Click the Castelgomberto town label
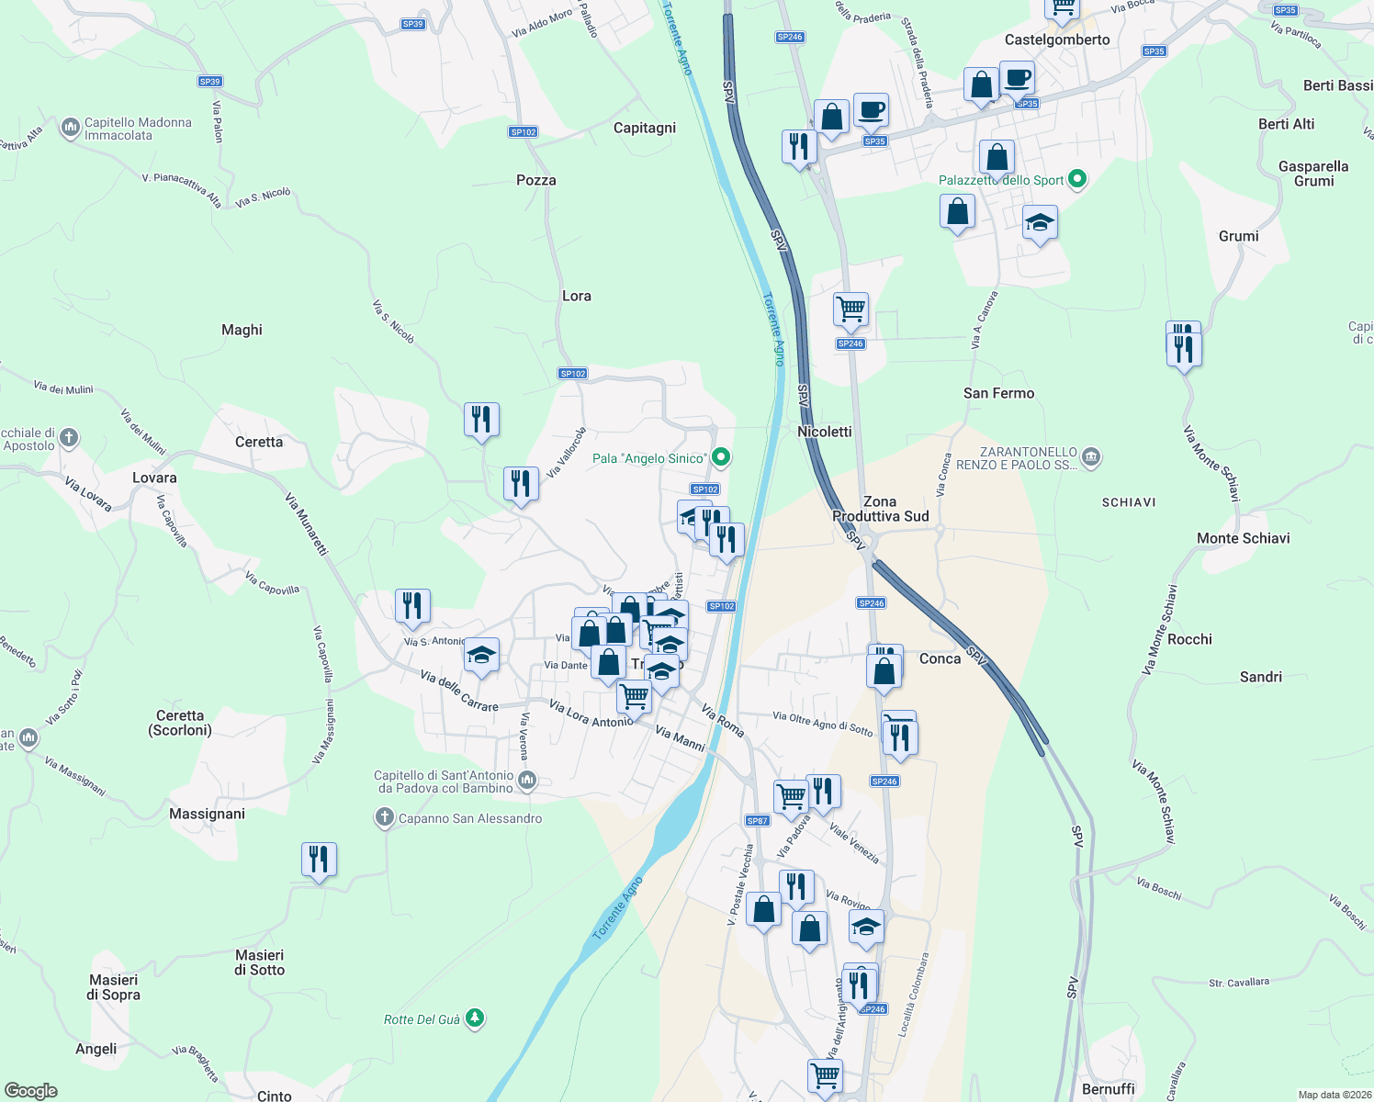click(x=1057, y=39)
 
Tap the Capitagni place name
click(x=645, y=128)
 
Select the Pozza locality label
click(x=536, y=180)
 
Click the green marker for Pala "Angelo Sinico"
click(x=722, y=456)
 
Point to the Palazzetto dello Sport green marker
click(x=1078, y=179)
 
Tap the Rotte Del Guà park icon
click(x=474, y=1018)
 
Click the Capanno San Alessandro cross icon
click(x=385, y=817)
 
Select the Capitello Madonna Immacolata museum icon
click(x=71, y=128)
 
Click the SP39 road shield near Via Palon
click(x=210, y=82)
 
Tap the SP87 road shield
click(x=757, y=821)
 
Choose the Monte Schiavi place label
click(x=1243, y=538)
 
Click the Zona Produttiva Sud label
click(x=880, y=509)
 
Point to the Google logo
click(x=31, y=1090)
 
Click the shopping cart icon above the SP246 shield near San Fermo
click(x=850, y=309)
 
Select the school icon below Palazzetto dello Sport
click(x=1040, y=223)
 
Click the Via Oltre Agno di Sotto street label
click(x=822, y=724)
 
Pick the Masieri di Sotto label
click(x=260, y=962)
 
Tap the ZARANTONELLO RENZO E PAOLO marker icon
click(x=1090, y=456)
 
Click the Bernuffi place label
click(x=1109, y=1089)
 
